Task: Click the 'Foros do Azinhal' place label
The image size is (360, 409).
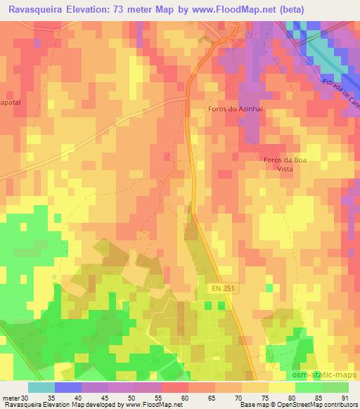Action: click(x=236, y=109)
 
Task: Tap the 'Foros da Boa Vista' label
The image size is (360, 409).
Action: click(x=285, y=164)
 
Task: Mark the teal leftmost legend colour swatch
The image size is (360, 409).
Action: click(x=41, y=387)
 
